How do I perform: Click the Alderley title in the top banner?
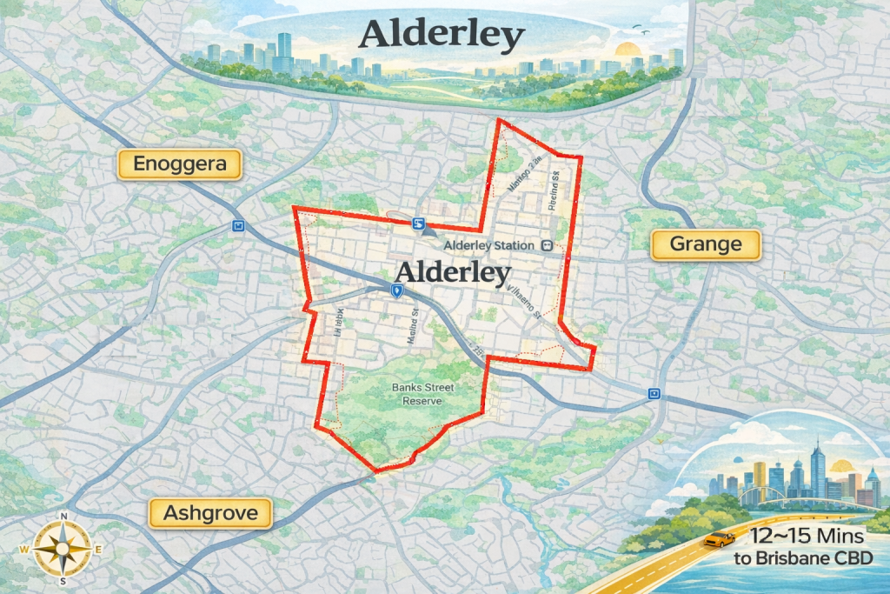point(442,36)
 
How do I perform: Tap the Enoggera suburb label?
point(180,164)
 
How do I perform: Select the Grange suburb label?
point(706,244)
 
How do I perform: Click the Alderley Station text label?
point(488,246)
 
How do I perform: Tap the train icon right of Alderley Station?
point(546,245)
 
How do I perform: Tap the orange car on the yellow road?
point(717,540)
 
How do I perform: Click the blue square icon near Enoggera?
point(238,226)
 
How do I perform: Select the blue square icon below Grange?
point(653,394)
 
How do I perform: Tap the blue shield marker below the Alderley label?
point(396,291)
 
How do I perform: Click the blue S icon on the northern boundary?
point(419,224)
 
